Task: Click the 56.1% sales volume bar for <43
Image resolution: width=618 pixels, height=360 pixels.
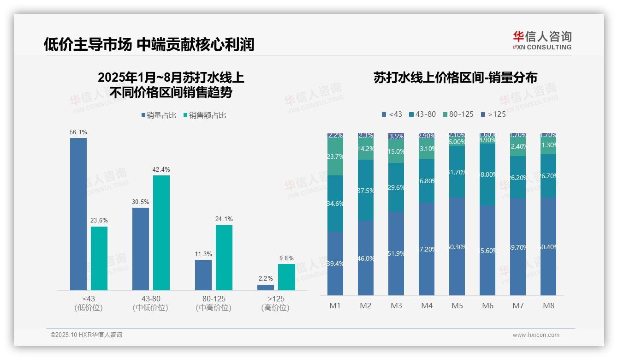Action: click(x=78, y=214)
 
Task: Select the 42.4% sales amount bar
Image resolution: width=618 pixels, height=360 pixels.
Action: click(x=161, y=233)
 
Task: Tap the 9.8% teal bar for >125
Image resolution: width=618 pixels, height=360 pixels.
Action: click(x=286, y=277)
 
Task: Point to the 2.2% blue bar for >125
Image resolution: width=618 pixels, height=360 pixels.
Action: click(x=266, y=288)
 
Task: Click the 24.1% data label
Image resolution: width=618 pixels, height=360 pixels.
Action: click(x=224, y=219)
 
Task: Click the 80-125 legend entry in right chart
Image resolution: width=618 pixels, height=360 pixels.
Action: click(x=458, y=114)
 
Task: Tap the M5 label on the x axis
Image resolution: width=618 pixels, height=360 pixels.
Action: click(x=457, y=306)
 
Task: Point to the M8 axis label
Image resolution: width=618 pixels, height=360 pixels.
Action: click(x=548, y=306)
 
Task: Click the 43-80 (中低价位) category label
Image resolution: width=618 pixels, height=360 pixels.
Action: click(x=150, y=303)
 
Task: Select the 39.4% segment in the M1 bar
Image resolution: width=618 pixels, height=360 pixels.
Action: click(x=335, y=263)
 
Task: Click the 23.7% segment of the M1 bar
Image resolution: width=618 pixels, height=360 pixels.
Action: click(x=335, y=156)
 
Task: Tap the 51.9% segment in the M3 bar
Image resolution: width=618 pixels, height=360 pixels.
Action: click(x=396, y=253)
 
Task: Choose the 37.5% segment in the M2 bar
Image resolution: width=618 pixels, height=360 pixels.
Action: click(x=366, y=190)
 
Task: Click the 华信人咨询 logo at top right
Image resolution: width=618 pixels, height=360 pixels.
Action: click(x=542, y=40)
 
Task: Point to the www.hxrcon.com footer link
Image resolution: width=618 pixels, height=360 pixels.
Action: click(x=536, y=335)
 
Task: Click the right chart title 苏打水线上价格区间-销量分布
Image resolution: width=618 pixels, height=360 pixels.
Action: click(x=455, y=78)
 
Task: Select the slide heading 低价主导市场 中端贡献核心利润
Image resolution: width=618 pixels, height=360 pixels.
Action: click(x=149, y=44)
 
